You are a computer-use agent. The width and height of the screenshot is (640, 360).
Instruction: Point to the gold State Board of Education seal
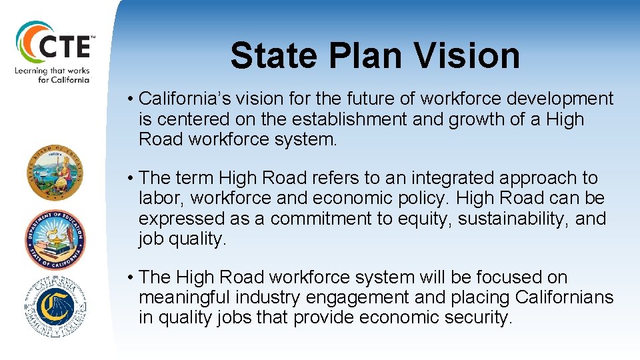click(x=56, y=175)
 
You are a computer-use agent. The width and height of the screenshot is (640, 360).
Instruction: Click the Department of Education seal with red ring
click(x=56, y=239)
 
